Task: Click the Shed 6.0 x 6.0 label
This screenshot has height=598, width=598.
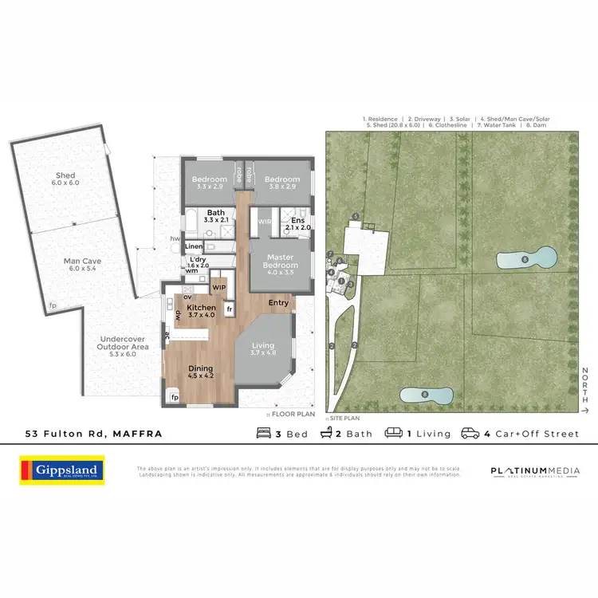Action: (68, 179)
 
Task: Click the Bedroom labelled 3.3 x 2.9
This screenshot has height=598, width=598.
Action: (210, 183)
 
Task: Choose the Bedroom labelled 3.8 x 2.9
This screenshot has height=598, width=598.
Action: (282, 183)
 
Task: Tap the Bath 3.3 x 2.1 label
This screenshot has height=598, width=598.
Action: (216, 216)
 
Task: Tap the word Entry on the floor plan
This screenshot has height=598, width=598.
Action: (278, 302)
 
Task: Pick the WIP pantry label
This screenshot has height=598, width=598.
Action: (219, 285)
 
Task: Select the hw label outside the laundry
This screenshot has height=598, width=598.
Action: (174, 238)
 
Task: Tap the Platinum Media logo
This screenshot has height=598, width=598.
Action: (535, 471)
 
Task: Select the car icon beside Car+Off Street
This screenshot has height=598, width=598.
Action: (470, 434)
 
